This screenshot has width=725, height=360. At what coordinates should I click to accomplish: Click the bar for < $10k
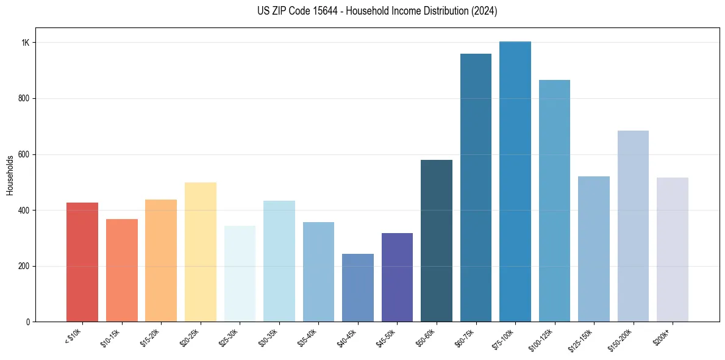[82, 262]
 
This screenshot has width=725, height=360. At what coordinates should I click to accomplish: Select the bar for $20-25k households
[200, 252]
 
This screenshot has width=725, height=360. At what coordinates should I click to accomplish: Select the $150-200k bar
[633, 226]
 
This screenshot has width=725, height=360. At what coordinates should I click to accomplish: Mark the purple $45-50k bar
[397, 278]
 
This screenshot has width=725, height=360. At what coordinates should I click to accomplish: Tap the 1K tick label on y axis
[26, 43]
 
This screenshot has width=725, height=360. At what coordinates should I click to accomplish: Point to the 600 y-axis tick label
[24, 154]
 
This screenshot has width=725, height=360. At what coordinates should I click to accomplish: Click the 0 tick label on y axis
[28, 322]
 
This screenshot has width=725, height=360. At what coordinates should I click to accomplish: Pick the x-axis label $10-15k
[110, 337]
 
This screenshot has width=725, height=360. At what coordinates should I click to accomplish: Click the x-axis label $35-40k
[307, 337]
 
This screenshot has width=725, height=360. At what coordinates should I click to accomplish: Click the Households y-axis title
[10, 175]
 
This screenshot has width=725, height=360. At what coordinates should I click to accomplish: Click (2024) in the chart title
[485, 11]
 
